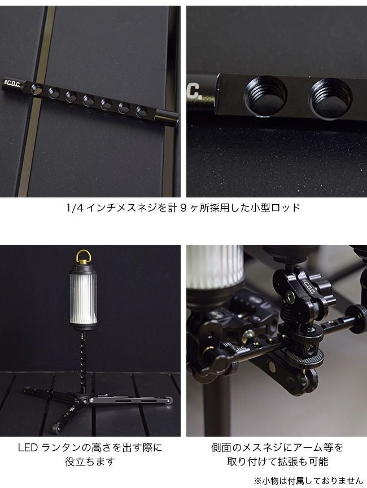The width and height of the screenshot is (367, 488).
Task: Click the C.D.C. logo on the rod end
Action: click(13, 83)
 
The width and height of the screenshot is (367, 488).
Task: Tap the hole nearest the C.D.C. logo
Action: click(37, 89)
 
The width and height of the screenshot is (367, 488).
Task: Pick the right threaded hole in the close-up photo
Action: click(330, 98)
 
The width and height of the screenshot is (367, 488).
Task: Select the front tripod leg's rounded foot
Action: click(56, 428)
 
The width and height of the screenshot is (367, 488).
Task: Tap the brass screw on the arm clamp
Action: click(290, 297)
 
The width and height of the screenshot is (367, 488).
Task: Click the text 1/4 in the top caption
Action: click(75, 208)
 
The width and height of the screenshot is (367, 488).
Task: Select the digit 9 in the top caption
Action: click(183, 208)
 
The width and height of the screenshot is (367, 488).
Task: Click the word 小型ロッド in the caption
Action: click(275, 208)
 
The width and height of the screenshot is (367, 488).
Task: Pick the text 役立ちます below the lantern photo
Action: click(90, 461)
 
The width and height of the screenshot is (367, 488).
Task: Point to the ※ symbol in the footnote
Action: click(257, 481)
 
